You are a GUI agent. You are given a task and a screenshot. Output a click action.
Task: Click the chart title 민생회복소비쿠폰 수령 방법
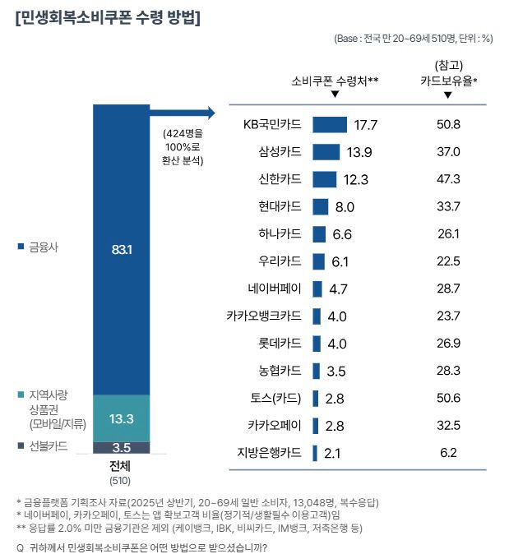(x=108, y=18)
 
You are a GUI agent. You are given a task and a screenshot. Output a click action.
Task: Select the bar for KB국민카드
(x=330, y=124)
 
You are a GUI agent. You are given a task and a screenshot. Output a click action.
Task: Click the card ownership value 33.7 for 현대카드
(x=448, y=206)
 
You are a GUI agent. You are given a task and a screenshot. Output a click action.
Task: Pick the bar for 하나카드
(x=320, y=234)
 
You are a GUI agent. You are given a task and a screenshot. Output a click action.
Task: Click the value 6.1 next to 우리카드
(x=341, y=261)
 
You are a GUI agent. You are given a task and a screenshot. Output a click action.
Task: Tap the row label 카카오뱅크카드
(x=264, y=316)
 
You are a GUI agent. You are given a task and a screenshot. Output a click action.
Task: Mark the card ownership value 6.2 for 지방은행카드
(x=448, y=453)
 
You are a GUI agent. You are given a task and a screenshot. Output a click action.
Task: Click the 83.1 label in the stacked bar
(x=122, y=248)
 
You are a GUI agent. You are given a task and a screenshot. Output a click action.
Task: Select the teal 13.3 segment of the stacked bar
(x=122, y=418)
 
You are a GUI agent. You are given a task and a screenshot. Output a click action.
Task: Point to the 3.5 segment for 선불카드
(x=122, y=448)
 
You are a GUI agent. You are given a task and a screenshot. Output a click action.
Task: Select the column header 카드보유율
(x=448, y=81)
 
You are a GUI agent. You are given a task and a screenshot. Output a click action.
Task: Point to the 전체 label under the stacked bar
(x=122, y=466)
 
